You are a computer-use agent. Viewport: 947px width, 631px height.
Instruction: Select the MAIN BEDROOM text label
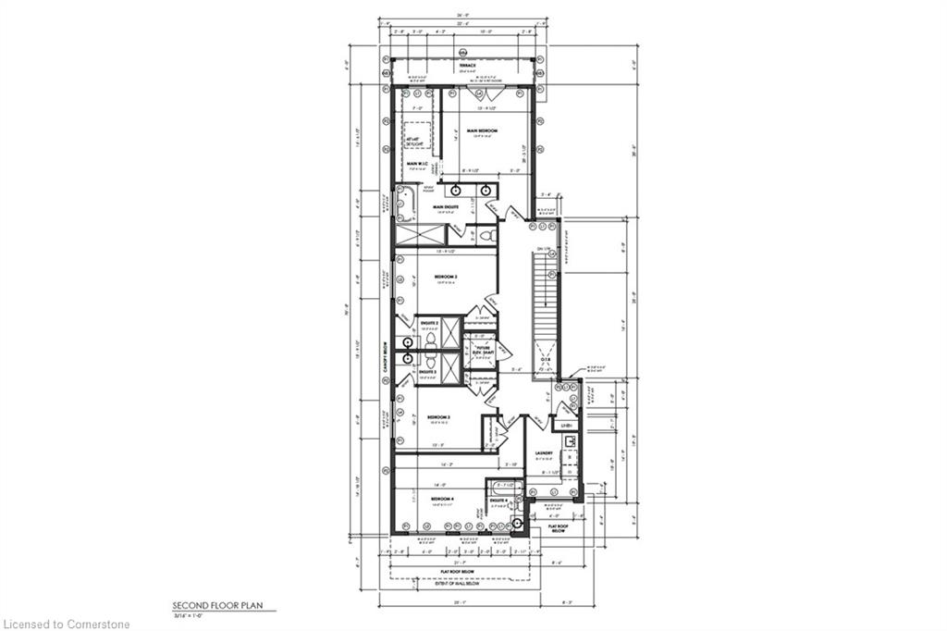point(482,131)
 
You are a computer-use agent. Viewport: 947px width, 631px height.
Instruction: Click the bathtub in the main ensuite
point(405,201)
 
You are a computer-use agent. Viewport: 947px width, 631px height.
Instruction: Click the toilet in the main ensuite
point(488,235)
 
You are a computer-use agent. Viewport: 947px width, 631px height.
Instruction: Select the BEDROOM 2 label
point(448,276)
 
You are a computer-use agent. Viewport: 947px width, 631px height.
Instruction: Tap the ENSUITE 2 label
point(428,323)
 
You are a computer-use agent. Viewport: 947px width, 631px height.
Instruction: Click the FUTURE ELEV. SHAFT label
point(480,351)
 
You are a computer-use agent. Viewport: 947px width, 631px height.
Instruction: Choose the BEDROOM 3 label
point(437,417)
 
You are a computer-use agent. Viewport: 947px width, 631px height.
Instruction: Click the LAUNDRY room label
point(544,453)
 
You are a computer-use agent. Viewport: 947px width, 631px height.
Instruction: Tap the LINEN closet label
point(567,426)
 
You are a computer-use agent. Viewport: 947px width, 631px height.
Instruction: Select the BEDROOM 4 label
point(442,500)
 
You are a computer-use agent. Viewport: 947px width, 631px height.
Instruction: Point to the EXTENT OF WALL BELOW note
point(461,582)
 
